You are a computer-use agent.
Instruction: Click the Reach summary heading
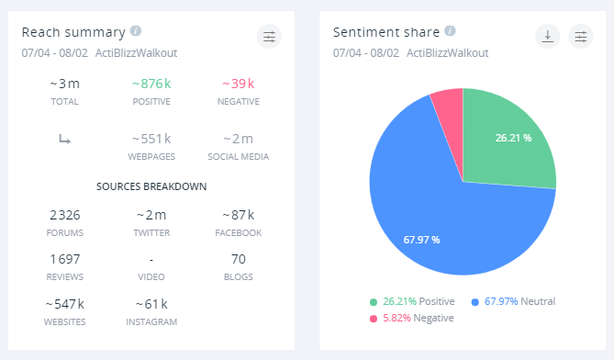[x=73, y=31]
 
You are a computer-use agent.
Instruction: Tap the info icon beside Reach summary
[x=136, y=30]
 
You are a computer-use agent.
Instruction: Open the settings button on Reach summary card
[x=269, y=37]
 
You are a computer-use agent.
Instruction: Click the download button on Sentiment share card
[x=547, y=37]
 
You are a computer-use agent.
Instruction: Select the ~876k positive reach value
[x=151, y=84]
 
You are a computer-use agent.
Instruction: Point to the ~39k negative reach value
[x=238, y=84]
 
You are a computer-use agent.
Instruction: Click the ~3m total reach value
[x=65, y=84]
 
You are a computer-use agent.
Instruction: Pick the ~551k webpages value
[x=151, y=139]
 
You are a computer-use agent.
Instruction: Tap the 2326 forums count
[x=65, y=215]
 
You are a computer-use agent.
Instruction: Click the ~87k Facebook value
[x=238, y=215]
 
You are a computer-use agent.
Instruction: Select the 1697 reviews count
[x=65, y=258]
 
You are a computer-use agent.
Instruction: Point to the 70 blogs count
[x=238, y=258]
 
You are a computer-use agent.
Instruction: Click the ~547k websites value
[x=65, y=303]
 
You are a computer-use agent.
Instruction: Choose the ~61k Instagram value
[x=151, y=303]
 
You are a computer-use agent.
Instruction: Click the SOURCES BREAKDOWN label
[x=151, y=186]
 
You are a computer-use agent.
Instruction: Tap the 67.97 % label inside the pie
[x=421, y=240]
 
